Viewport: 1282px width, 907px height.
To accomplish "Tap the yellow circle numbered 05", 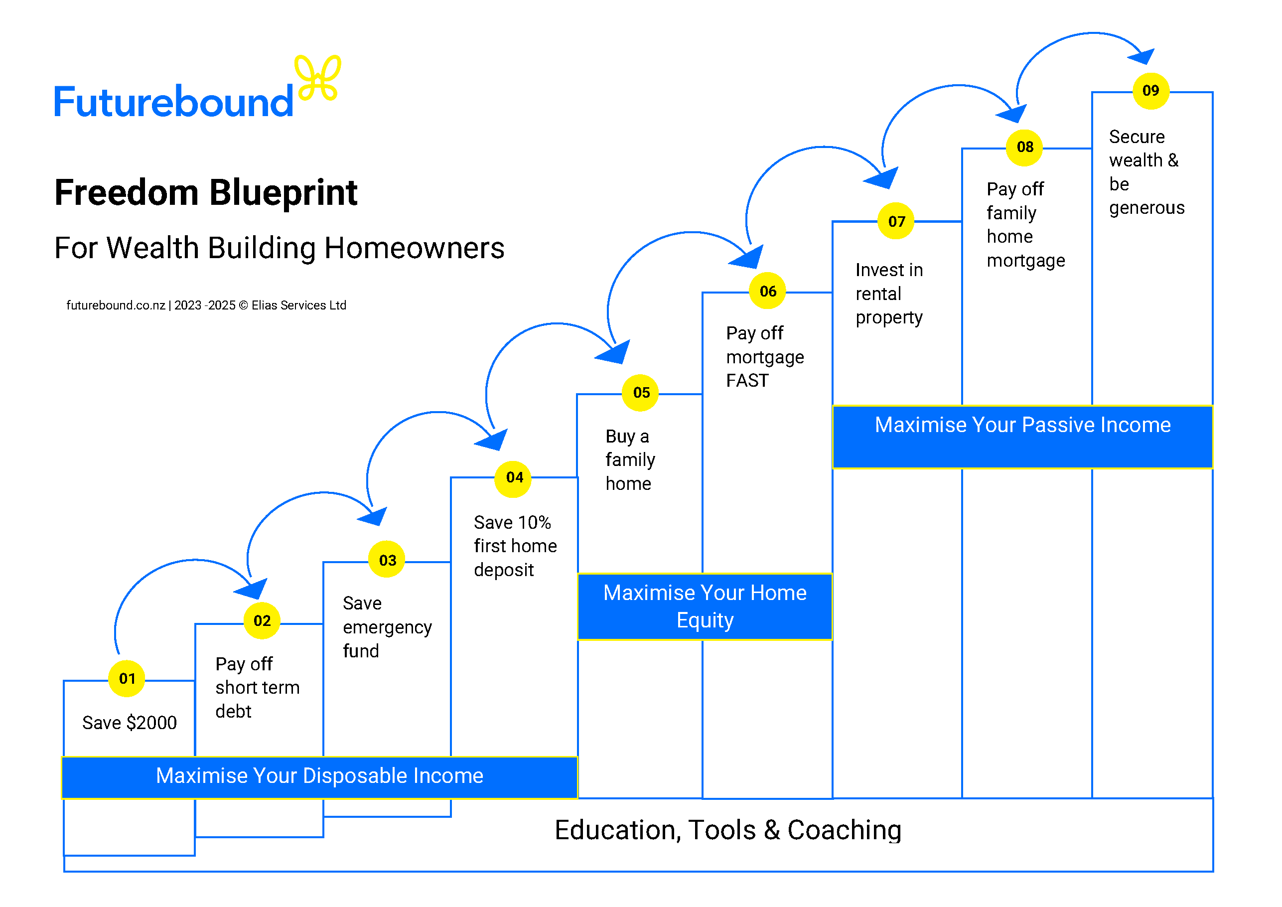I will point(640,393).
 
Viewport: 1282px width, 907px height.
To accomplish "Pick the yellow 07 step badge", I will point(896,221).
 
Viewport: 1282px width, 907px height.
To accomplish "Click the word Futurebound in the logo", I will point(173,102).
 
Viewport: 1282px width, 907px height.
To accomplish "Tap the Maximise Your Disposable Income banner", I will point(319,776).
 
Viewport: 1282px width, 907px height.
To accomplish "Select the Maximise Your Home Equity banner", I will point(705,606).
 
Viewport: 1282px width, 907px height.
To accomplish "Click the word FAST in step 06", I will point(747,381).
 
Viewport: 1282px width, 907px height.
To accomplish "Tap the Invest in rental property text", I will point(889,294).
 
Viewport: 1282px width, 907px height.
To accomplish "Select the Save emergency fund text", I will point(386,627).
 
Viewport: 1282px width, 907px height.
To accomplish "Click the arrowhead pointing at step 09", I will point(1142,56).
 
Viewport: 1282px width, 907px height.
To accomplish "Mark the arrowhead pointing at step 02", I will point(254,589).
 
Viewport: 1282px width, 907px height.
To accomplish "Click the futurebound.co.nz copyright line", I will point(206,305).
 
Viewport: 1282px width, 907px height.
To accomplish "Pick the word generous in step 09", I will point(1146,208).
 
